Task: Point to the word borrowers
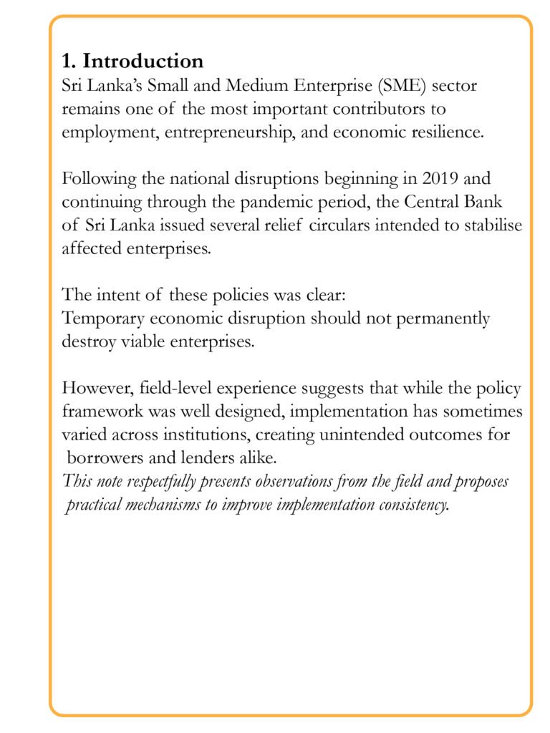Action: [102, 457]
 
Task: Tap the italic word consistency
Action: [411, 505]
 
